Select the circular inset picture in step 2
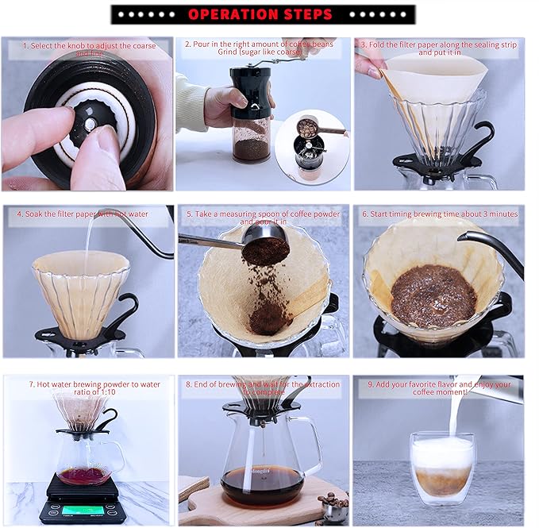click(311, 146)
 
